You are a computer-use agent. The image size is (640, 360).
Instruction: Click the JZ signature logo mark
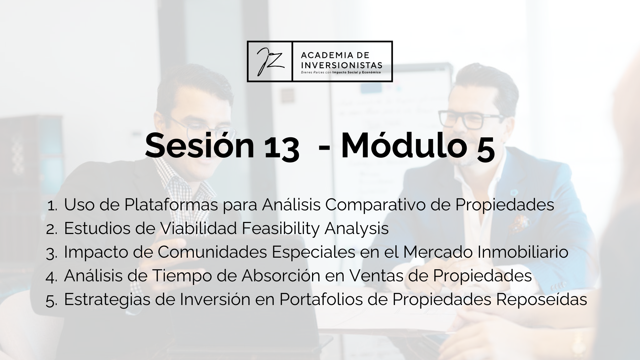(x=270, y=61)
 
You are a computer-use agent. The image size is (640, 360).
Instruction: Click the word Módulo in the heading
(x=403, y=146)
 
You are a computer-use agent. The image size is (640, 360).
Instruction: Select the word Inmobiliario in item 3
(x=523, y=252)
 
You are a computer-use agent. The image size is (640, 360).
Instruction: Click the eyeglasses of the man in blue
(x=471, y=119)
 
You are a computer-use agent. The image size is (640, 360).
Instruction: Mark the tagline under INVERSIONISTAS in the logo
(x=341, y=72)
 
